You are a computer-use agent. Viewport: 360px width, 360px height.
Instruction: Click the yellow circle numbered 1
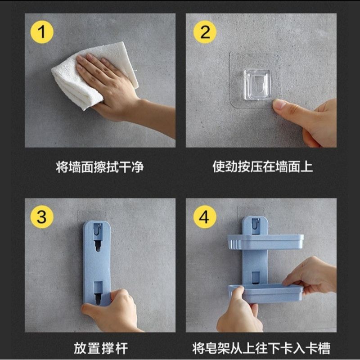(x=42, y=32)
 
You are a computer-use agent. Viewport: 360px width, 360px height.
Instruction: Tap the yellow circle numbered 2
(x=205, y=32)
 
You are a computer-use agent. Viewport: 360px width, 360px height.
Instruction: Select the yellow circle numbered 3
(x=42, y=217)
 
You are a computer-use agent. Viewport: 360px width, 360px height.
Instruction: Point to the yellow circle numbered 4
(x=205, y=217)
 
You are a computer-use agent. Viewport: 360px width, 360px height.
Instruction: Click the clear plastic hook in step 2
(x=257, y=85)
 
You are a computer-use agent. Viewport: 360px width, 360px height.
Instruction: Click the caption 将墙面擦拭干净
(x=100, y=167)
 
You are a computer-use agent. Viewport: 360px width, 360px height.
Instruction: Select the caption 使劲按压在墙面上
(x=263, y=166)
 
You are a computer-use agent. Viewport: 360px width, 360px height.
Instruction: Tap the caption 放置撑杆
(x=101, y=348)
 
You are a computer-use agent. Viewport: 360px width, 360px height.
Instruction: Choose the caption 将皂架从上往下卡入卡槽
(x=261, y=348)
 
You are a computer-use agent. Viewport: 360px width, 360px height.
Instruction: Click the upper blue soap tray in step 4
(x=265, y=242)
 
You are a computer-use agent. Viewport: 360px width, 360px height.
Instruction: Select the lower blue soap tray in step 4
(x=265, y=293)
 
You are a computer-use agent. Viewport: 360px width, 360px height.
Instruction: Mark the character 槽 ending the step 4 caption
(x=324, y=348)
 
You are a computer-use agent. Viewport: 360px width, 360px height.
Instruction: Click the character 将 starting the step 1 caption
(x=62, y=167)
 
